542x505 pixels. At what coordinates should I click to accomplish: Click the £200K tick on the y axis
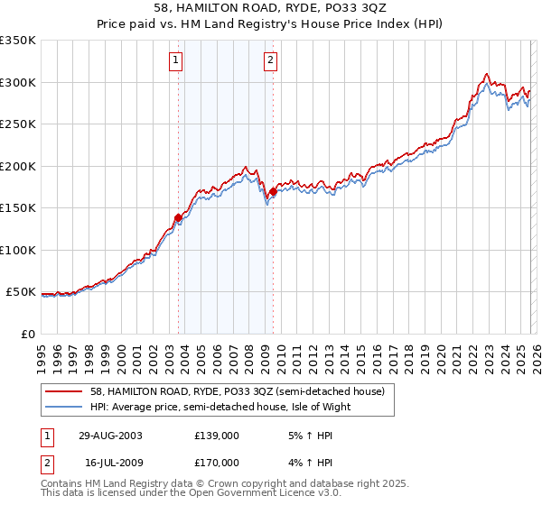pyautogui.click(x=17, y=166)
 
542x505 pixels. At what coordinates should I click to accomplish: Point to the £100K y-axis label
pyautogui.click(x=17, y=250)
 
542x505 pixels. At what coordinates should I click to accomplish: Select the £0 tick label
pyautogui.click(x=27, y=334)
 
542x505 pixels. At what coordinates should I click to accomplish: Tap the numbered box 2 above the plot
pyautogui.click(x=270, y=61)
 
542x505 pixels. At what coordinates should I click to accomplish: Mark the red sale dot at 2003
pyautogui.click(x=179, y=217)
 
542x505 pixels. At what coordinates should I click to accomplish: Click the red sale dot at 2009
pyautogui.click(x=273, y=191)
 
